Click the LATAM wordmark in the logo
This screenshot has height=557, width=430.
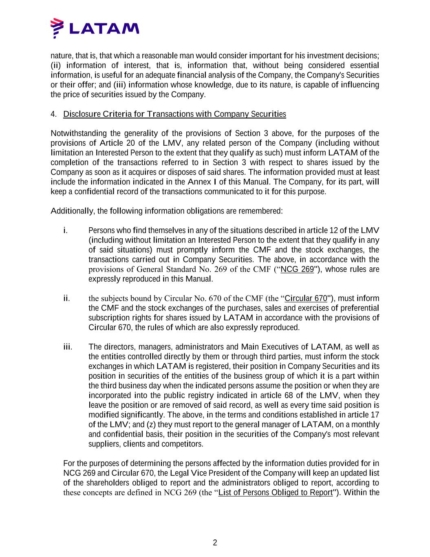(104, 28)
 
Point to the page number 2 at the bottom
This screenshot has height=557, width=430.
(215, 543)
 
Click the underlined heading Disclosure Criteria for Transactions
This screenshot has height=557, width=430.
(174, 114)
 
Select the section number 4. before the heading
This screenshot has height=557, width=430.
(53, 114)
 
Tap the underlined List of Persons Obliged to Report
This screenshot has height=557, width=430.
(276, 493)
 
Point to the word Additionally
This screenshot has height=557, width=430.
(72, 211)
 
